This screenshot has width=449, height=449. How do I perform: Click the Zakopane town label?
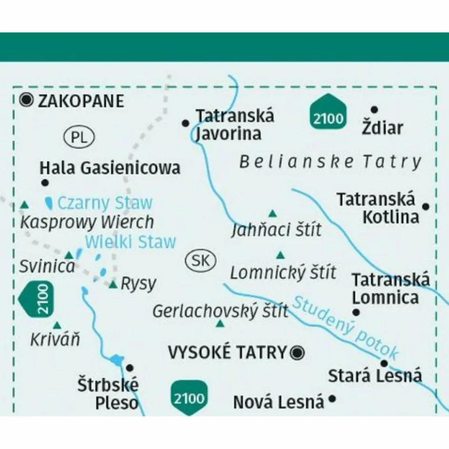click(x=80, y=101)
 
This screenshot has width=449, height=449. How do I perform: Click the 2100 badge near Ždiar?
click(x=328, y=113)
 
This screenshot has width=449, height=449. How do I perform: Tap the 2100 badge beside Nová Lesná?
click(x=190, y=397)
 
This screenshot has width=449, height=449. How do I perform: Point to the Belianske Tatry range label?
click(x=330, y=162)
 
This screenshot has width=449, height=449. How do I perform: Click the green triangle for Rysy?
click(x=113, y=285)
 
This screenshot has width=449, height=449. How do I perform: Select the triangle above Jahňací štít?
click(x=273, y=213)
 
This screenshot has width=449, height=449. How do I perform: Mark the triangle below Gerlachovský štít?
click(x=220, y=324)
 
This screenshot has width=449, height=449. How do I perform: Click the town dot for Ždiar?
click(x=374, y=109)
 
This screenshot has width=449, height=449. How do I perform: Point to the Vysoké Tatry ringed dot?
click(x=298, y=352)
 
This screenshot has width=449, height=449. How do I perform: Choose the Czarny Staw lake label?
click(x=105, y=203)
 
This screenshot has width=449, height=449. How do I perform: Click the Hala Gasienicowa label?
click(x=110, y=168)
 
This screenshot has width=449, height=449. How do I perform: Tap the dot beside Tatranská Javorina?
click(x=185, y=123)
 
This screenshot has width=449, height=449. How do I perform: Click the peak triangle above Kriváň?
click(x=57, y=325)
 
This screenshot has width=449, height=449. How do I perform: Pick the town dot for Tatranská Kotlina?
click(x=426, y=206)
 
